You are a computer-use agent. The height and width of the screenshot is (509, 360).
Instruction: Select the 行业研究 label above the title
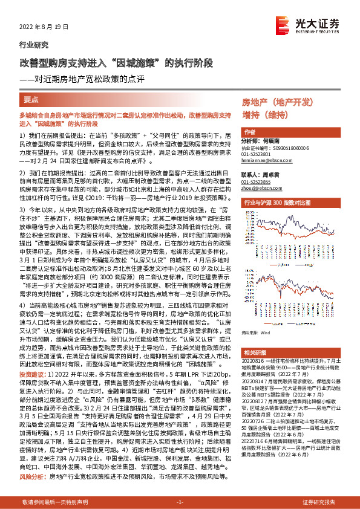(33, 45)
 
